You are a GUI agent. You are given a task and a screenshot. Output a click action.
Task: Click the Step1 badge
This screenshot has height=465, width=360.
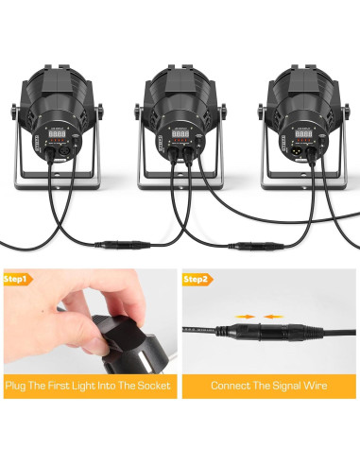tap(18, 280)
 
